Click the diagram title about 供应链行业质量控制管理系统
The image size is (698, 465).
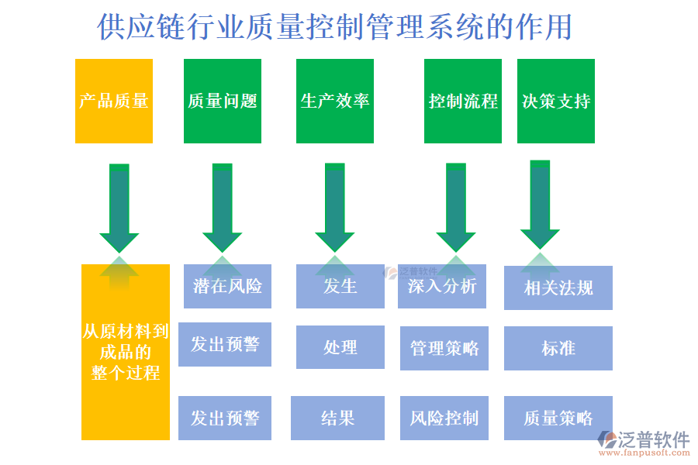pos(335,27)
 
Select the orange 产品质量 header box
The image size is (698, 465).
pos(114,102)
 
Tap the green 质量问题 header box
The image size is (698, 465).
pos(223,102)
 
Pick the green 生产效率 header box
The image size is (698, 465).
pos(335,102)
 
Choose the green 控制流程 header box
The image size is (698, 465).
pos(463,102)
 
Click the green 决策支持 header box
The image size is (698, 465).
pos(556,102)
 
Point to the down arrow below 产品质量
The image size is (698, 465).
pos(119,206)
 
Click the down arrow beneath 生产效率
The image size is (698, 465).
pos(335,206)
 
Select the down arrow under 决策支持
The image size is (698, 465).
pos(540,204)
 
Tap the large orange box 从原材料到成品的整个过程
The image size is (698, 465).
pos(126,353)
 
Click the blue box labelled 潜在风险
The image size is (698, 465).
pos(228,286)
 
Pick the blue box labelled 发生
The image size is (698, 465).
pos(340,286)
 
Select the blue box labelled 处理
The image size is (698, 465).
pos(340,347)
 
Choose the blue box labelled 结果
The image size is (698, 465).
pos(337,418)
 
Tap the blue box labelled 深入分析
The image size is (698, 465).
pos(442,286)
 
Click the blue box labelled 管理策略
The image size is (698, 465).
pos(444,348)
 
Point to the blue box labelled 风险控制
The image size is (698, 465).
pos(444,418)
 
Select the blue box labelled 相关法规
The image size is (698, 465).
pos(558,288)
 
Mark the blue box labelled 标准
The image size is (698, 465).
pos(558,348)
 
